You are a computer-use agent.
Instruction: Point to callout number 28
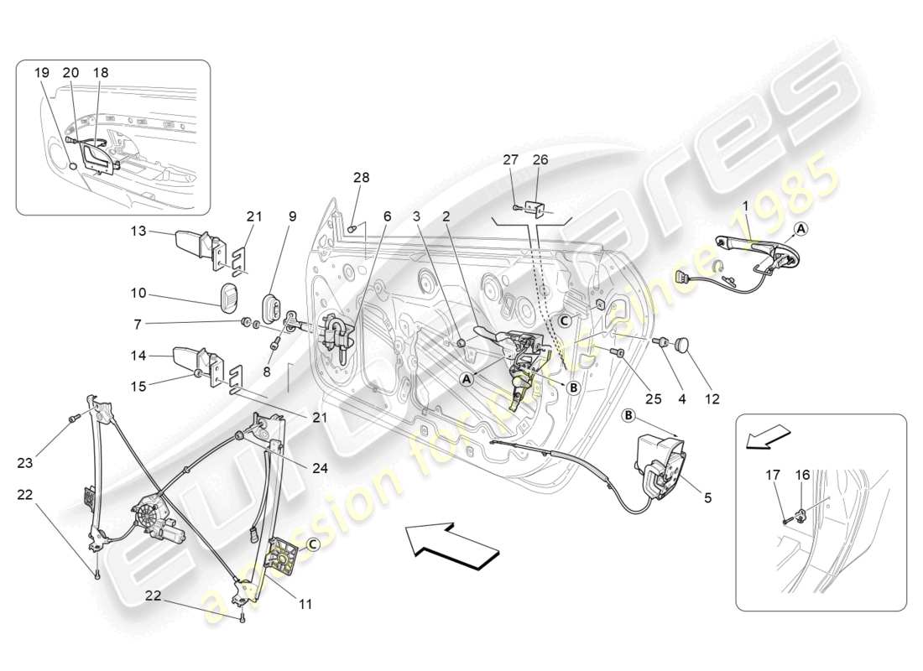361,178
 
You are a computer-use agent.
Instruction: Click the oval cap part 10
229,297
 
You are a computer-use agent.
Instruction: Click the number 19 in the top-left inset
42,73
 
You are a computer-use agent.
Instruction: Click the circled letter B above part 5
628,415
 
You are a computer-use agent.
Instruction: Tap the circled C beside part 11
312,544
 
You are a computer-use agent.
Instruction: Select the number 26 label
539,160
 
